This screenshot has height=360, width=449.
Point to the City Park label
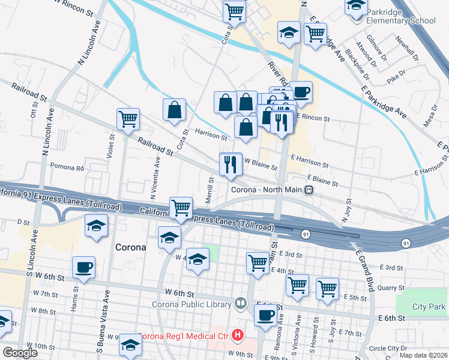pos(429,307)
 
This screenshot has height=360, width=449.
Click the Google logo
pos(19,353)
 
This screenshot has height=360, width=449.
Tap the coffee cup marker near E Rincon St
pos(301,92)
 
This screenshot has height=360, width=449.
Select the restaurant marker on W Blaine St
pos(230,164)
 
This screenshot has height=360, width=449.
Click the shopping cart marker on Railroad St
pos(128,119)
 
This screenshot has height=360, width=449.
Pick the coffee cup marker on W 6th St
pos(83,267)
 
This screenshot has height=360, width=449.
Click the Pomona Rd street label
pos(67,166)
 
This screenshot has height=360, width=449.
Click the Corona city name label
pos(130,247)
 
